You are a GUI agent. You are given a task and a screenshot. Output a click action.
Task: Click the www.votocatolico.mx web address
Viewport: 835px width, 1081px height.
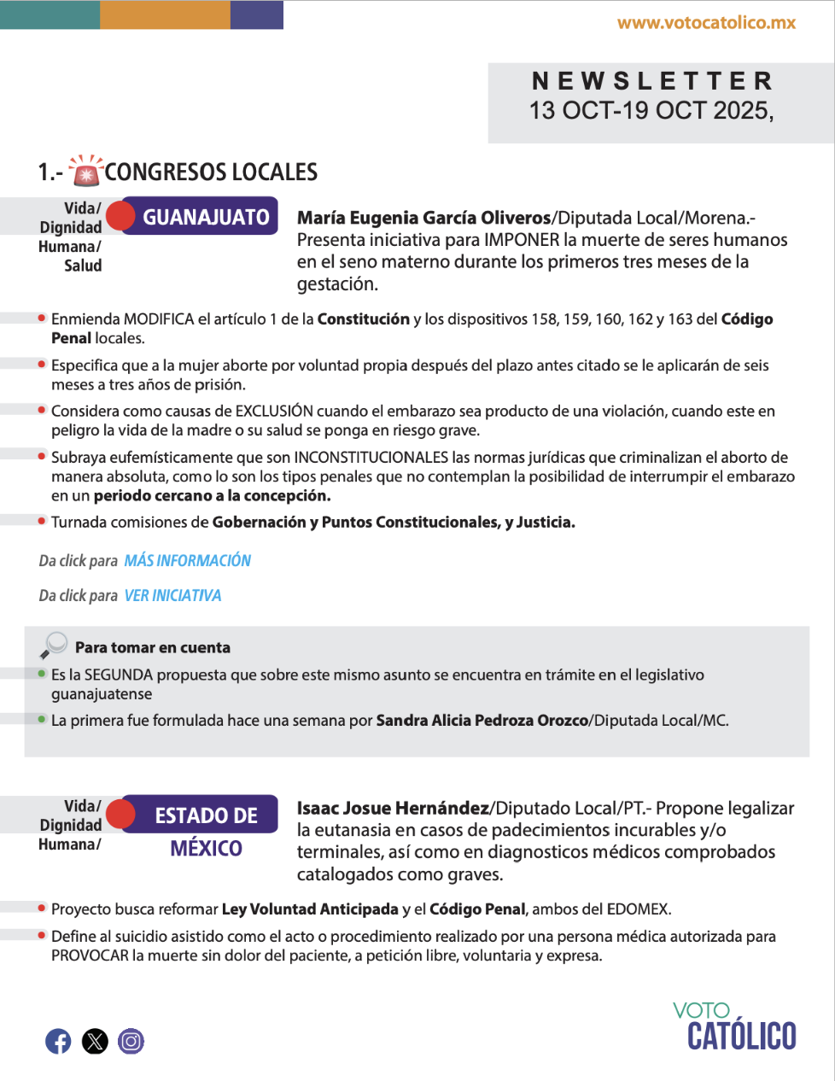[706, 23]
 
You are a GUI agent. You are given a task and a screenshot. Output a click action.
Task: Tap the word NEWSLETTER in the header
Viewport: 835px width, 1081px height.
[652, 81]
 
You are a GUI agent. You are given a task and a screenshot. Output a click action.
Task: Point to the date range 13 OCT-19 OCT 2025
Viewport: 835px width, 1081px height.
[651, 111]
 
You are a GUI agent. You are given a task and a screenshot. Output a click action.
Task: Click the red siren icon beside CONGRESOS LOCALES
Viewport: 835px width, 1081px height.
[85, 171]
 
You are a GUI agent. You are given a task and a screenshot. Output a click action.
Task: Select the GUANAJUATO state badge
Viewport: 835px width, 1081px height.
[205, 217]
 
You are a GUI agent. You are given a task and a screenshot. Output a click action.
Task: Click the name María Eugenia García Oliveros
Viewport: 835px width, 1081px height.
[423, 218]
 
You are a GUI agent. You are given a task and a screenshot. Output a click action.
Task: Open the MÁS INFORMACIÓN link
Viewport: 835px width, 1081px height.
[188, 561]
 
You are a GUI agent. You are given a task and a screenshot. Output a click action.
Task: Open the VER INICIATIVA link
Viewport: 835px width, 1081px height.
[172, 596]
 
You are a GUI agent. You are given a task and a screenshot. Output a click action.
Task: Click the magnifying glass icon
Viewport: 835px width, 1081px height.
[53, 645]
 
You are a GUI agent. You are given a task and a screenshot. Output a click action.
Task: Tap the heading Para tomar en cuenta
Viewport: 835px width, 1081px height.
[153, 647]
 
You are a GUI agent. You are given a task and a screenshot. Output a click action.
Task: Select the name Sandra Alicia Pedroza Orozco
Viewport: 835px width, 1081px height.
[482, 721]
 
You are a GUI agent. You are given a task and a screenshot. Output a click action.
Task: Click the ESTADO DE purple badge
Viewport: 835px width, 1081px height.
[206, 815]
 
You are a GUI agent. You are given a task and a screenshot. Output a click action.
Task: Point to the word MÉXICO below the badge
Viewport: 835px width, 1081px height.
[206, 849]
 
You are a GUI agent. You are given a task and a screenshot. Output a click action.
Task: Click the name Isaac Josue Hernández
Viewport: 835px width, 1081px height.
[393, 808]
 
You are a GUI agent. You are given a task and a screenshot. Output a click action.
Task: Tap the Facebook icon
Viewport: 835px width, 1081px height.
[58, 1041]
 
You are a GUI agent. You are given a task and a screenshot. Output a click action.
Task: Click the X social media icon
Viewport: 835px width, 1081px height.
[95, 1041]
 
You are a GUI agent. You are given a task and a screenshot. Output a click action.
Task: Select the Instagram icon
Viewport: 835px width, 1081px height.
[131, 1041]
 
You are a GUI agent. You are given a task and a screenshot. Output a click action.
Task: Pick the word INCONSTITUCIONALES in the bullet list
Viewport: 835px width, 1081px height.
[371, 458]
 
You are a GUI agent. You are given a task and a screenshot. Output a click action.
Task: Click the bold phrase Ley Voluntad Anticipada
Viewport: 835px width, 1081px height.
[310, 909]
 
